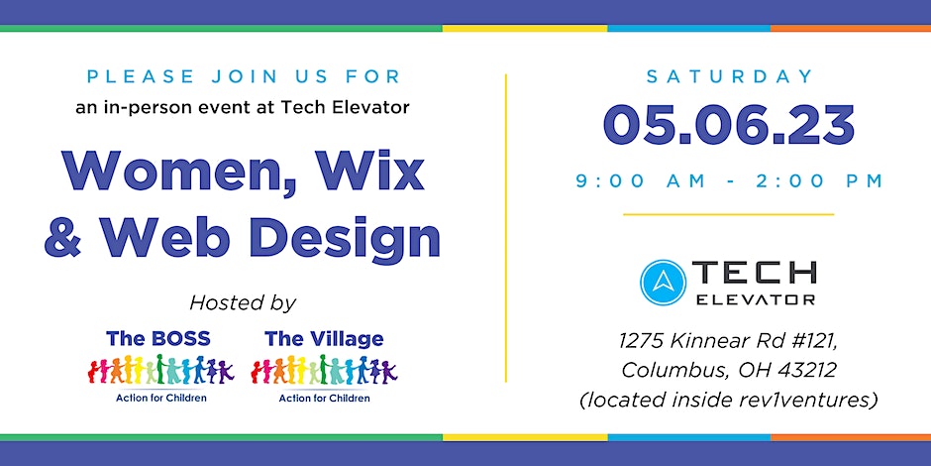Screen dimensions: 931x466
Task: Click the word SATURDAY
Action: click(729, 76)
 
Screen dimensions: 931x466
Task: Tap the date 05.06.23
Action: click(729, 126)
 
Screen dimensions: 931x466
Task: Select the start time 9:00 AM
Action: click(641, 181)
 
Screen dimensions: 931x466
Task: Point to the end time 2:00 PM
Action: click(820, 181)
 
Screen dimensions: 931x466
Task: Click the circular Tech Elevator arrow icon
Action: click(663, 283)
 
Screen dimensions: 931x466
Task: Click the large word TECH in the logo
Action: click(754, 274)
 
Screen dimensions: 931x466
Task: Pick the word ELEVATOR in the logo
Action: click(755, 299)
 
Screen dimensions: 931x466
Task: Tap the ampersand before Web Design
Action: click(62, 237)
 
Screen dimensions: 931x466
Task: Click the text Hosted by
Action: click(243, 303)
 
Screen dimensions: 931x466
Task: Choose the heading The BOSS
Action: click(157, 339)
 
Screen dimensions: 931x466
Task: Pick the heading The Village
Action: click(324, 339)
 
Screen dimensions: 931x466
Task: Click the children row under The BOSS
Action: click(160, 370)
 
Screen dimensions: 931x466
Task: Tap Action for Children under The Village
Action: click(324, 398)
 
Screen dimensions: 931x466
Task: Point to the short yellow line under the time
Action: click(729, 214)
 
